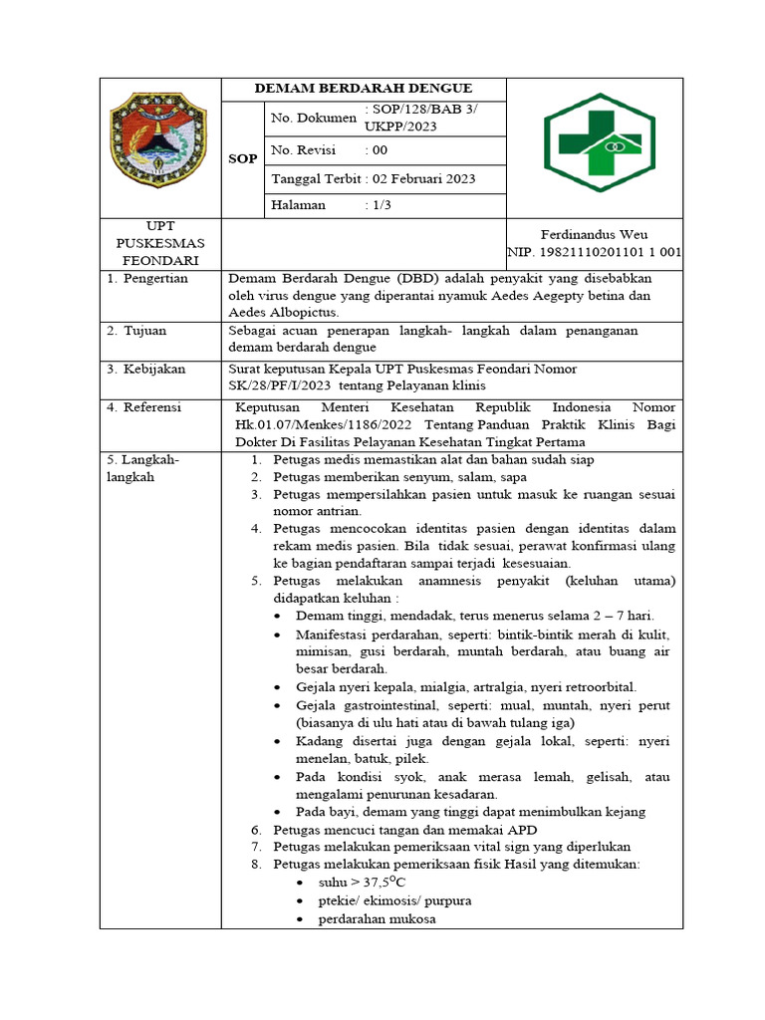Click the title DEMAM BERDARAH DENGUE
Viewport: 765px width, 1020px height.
[364, 89]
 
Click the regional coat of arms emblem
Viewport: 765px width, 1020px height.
[158, 146]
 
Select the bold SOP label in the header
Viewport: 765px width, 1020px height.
[242, 158]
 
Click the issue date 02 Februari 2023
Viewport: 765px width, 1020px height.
[422, 179]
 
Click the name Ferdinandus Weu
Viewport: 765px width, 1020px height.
[594, 235]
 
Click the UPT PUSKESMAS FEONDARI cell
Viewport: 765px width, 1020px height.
[159, 244]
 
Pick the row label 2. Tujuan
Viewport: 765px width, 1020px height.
[137, 330]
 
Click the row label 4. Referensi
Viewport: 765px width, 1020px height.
[145, 407]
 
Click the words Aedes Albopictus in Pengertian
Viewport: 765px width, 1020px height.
[283, 312]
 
